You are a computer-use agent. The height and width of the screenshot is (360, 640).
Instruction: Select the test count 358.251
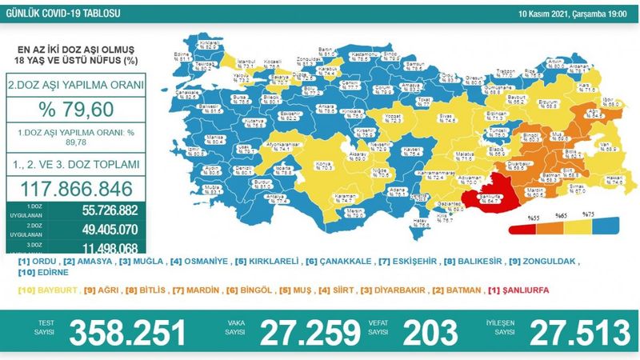click(127, 330)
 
